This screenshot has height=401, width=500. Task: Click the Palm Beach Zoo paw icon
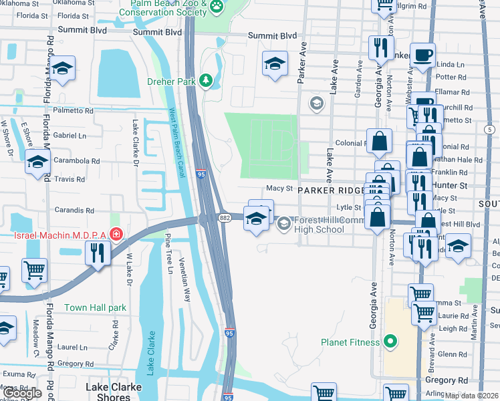(x=216, y=7)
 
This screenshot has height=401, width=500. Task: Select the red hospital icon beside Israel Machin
(x=117, y=235)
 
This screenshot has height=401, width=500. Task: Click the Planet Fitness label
(x=350, y=342)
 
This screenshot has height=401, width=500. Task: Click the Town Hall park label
(x=95, y=308)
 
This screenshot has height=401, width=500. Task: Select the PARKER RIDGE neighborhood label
(x=330, y=190)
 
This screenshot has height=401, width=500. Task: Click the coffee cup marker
(x=422, y=55)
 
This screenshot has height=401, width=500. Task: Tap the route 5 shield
(x=490, y=128)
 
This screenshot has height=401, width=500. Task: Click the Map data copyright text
(x=472, y=396)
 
